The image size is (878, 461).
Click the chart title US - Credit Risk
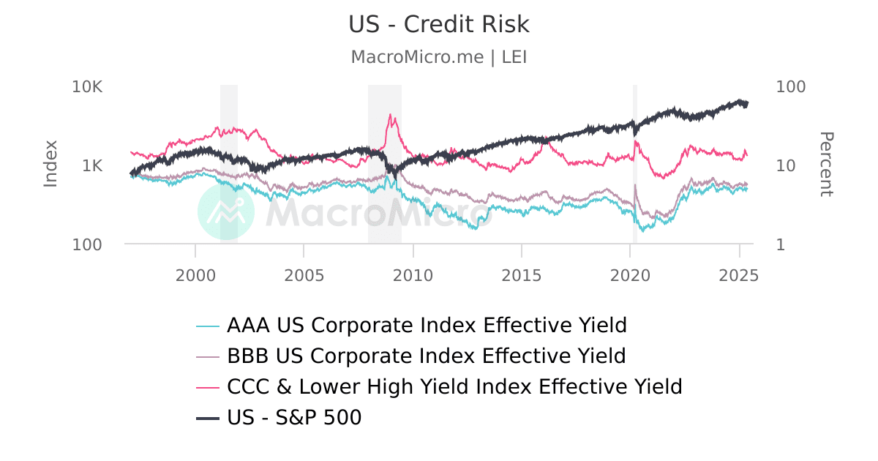[439, 24]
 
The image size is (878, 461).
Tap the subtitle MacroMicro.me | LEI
[439, 57]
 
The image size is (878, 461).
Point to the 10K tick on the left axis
[87, 87]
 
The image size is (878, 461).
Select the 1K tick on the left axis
[91, 165]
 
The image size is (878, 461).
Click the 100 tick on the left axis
[87, 244]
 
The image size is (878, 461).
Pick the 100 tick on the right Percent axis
[790, 87]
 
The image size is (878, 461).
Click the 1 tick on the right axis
[781, 244]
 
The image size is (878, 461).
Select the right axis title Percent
[826, 164]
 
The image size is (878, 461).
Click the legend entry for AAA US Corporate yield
[427, 325]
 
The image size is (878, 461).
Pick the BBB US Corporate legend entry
[427, 356]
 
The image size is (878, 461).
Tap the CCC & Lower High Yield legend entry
[454, 386]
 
